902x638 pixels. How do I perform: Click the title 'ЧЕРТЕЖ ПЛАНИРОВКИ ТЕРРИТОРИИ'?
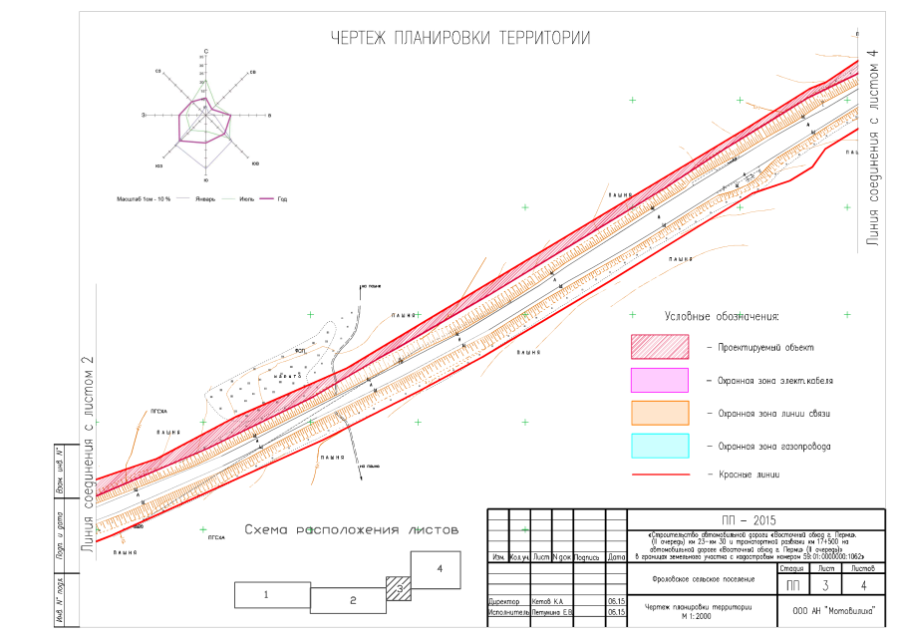tap(460, 38)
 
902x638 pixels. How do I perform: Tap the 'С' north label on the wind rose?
tap(205, 50)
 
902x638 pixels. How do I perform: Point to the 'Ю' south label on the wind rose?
tap(205, 181)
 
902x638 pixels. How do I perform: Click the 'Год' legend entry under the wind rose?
tap(283, 199)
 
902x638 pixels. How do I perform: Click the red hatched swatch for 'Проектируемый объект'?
tap(659, 347)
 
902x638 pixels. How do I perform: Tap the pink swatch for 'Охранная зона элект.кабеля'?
tap(659, 380)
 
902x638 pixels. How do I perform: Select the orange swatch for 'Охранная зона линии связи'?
tap(659, 413)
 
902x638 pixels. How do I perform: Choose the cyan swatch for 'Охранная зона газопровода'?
tap(659, 445)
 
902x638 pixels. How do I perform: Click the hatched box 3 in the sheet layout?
tap(398, 588)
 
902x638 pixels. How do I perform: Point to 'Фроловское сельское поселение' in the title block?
tap(698, 579)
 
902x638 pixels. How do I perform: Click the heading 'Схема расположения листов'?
tap(352, 530)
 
